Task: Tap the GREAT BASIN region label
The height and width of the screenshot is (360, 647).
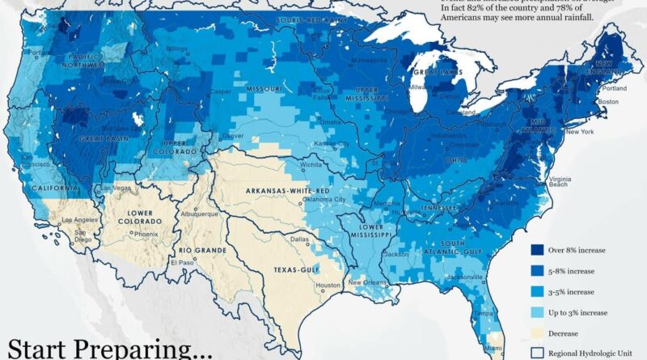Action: tap(101, 138)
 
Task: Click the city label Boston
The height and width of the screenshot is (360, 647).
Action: tap(607, 101)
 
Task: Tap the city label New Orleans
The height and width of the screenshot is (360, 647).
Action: tap(365, 282)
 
